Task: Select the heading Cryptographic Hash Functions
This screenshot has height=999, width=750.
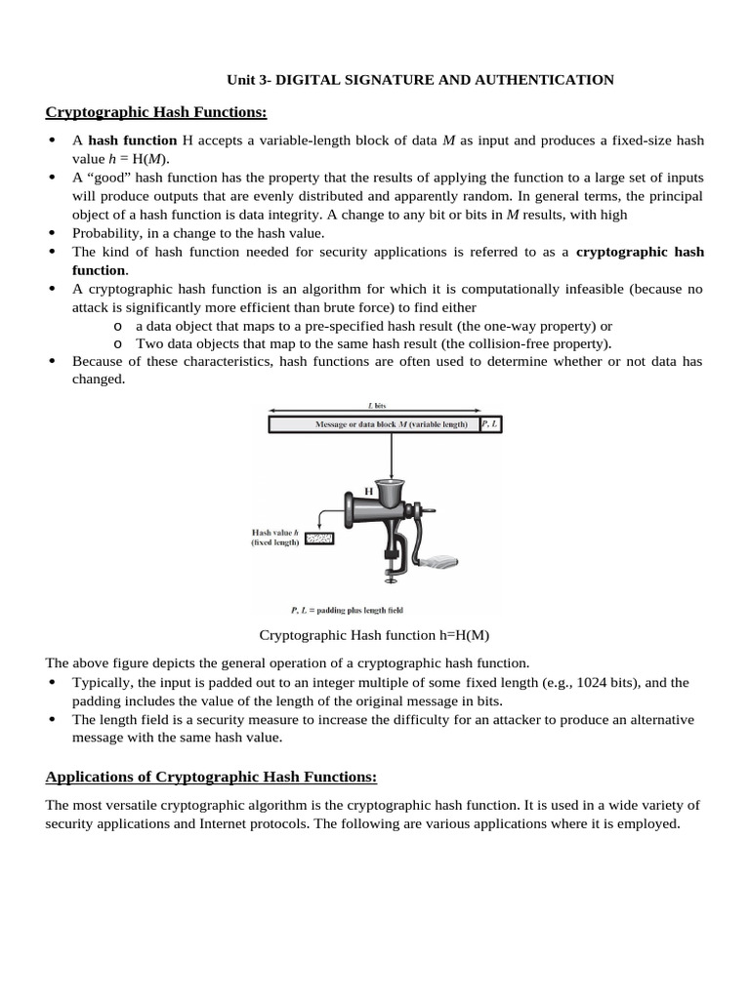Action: click(156, 112)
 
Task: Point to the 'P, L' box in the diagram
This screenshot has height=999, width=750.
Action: click(490, 424)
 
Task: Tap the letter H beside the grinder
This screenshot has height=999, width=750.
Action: click(369, 491)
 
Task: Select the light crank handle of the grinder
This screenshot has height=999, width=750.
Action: click(435, 560)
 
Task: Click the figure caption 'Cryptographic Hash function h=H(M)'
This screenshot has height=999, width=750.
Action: click(373, 635)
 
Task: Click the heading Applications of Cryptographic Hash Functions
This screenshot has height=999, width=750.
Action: click(211, 777)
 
